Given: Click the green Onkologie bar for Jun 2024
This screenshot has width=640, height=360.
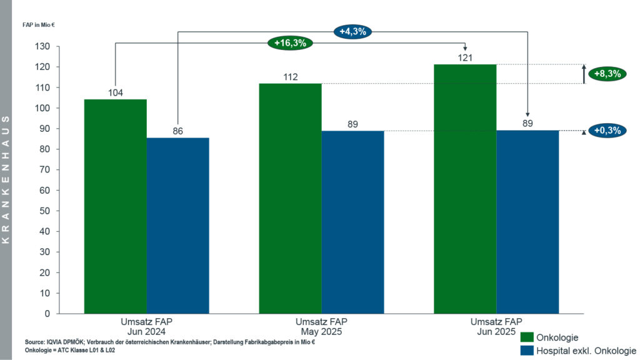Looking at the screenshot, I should [116, 206].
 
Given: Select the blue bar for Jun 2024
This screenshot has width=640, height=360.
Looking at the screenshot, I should [178, 225].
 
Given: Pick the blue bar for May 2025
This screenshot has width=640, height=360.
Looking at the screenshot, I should [353, 222].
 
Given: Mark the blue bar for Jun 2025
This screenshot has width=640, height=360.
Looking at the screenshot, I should [527, 222].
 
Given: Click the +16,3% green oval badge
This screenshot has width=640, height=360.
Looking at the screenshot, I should [291, 43].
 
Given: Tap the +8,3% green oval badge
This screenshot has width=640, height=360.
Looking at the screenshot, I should [607, 73].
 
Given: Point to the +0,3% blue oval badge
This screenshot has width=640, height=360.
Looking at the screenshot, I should [607, 131].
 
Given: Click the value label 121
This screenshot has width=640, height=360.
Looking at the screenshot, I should [465, 58].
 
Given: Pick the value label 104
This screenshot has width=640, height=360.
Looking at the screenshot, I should [116, 93].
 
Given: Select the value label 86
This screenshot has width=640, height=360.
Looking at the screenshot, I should [178, 131].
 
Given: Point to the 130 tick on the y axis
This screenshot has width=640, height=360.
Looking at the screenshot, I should [44, 46].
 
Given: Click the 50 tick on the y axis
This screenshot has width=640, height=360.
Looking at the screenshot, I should [46, 211].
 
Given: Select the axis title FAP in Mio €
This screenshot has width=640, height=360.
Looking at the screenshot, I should [44, 26].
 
